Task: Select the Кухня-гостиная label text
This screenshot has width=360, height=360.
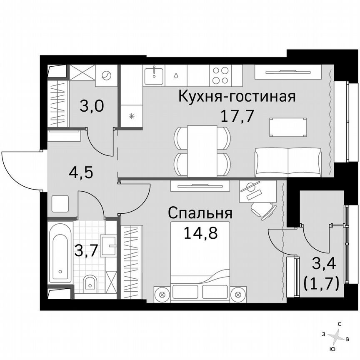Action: [237, 97]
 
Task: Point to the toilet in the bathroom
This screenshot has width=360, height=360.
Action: [89, 283]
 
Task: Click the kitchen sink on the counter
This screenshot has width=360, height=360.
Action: [154, 75]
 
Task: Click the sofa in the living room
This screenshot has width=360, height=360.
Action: [288, 162]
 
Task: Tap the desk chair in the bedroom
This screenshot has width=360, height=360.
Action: [263, 208]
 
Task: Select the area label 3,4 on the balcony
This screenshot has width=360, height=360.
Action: [324, 263]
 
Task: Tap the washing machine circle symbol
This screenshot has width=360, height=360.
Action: [107, 76]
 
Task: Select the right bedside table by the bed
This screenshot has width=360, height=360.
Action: [239, 294]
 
